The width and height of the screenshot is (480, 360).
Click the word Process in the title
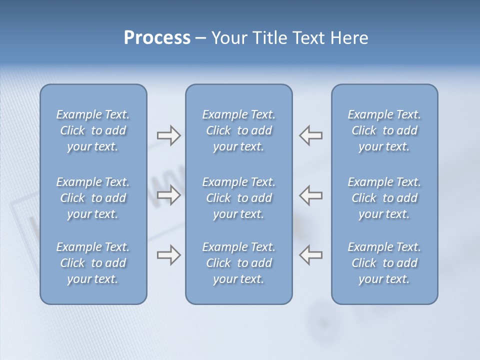pos(157,38)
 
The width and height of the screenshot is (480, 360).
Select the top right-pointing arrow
pos(168,135)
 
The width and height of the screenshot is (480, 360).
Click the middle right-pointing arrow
pos(168,194)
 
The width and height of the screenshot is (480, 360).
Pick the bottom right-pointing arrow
pos(168,255)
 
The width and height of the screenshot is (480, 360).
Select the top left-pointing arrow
pos(311,135)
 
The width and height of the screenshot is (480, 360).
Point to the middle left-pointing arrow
pos(311,194)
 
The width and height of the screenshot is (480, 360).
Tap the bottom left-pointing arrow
pos(311,255)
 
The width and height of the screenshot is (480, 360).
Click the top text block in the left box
pos(93,130)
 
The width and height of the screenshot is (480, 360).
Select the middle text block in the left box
pos(93,198)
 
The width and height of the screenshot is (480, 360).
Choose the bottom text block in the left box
pos(93,263)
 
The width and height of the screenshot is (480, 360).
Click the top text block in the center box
pos(238,130)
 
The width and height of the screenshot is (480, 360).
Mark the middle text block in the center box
pos(238,198)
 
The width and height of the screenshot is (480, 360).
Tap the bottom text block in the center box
pos(238,263)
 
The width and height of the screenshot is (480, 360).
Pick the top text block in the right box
pos(384,130)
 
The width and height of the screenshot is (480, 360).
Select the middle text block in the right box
pos(384,198)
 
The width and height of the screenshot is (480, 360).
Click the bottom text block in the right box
pos(384,263)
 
